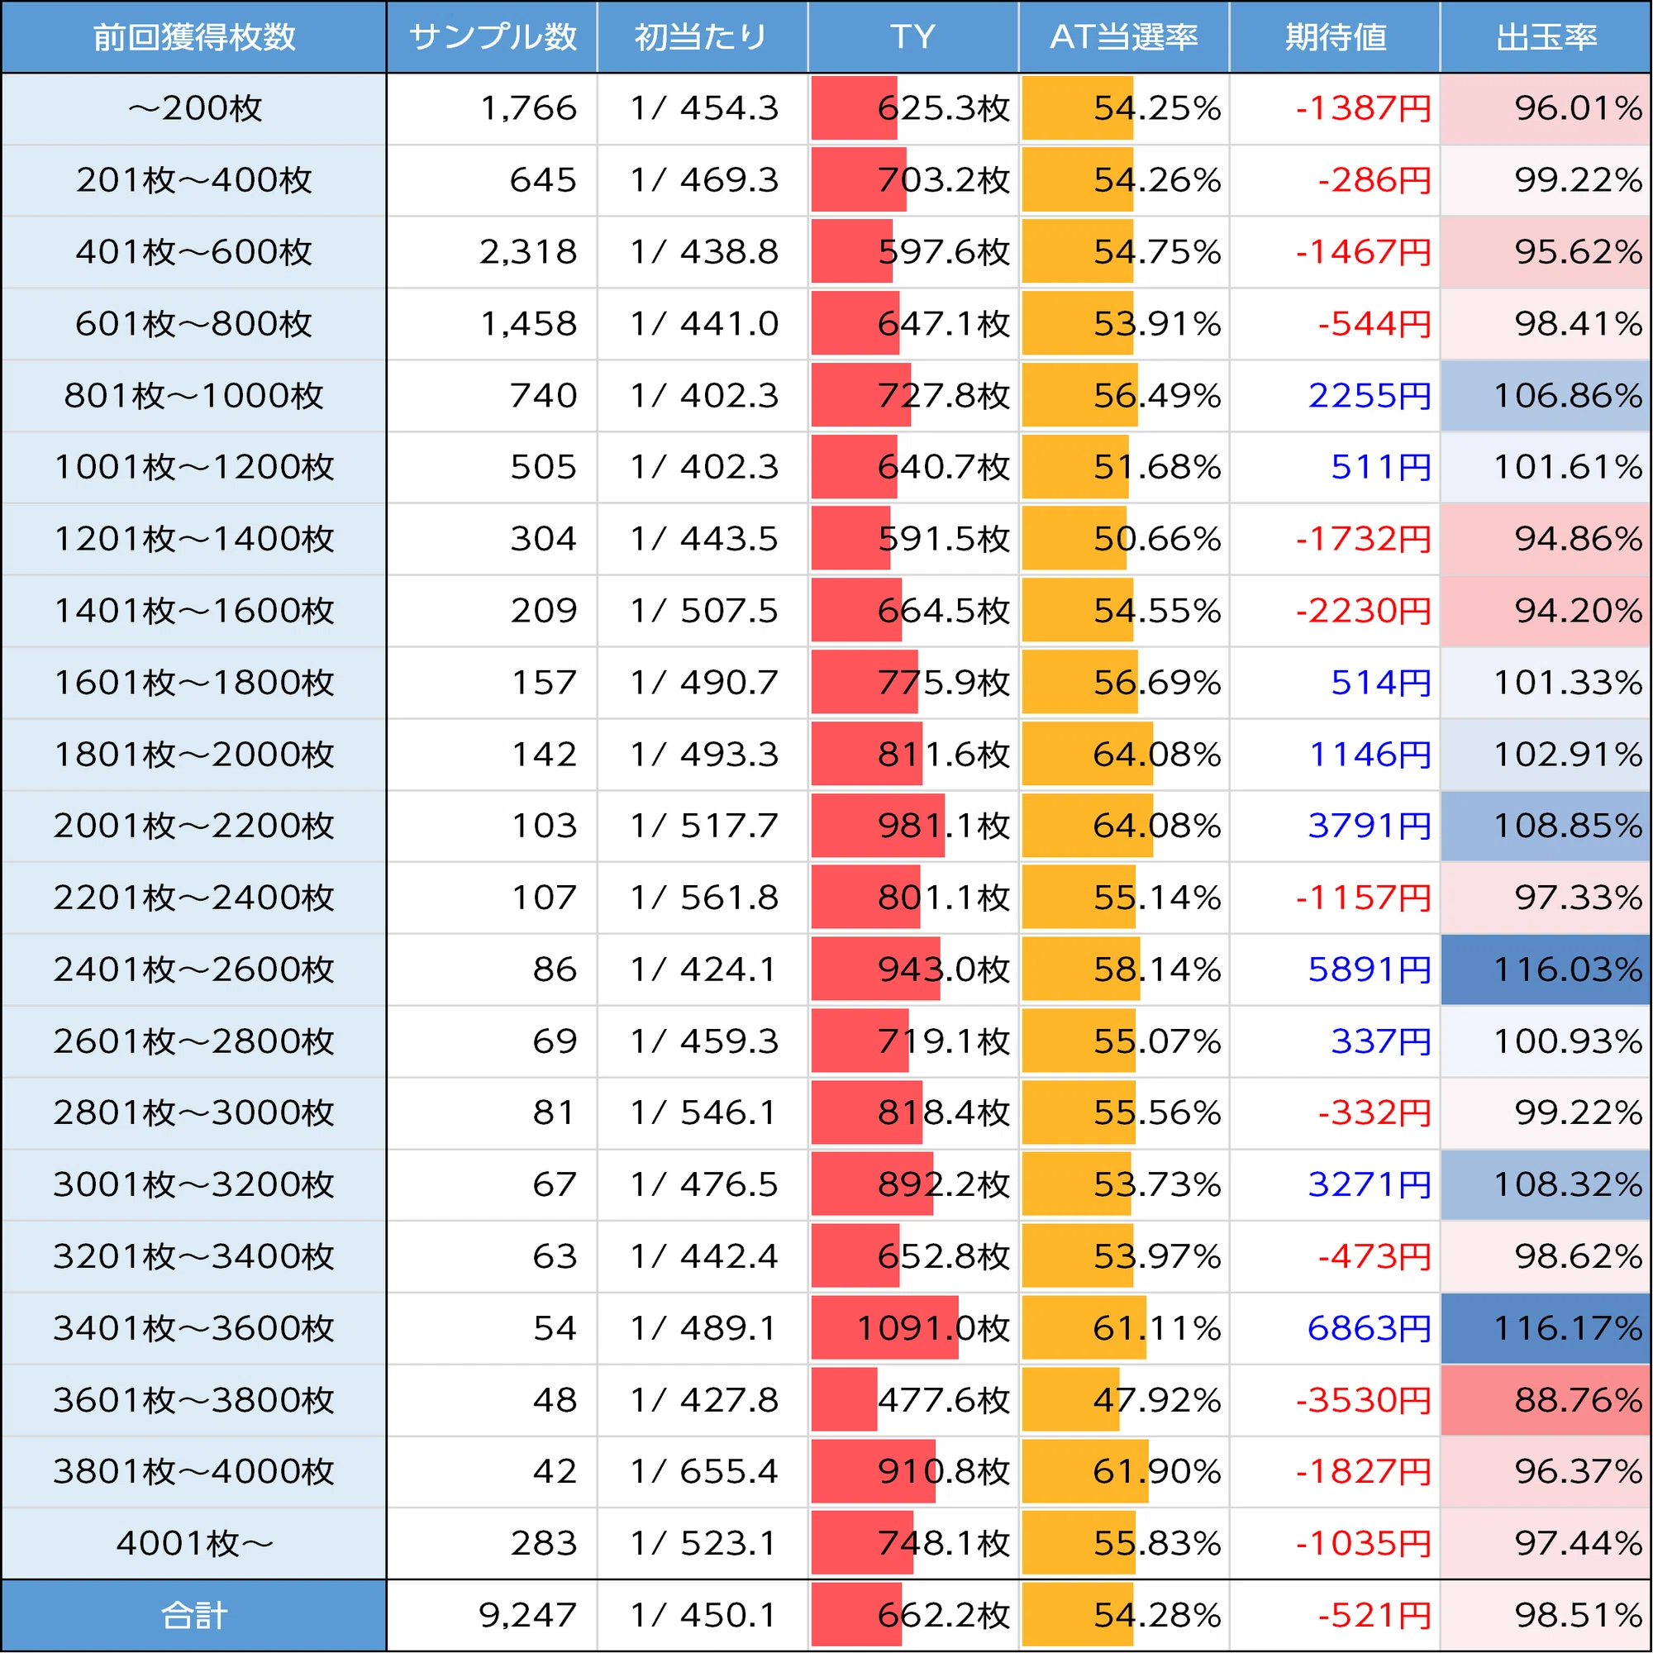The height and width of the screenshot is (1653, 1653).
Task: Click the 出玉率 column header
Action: [1546, 37]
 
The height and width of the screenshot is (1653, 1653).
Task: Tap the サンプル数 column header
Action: [492, 37]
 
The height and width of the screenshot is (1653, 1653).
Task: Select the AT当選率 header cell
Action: [1123, 37]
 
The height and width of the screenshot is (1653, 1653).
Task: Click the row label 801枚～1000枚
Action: [194, 395]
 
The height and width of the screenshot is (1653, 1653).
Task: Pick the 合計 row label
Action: [194, 1615]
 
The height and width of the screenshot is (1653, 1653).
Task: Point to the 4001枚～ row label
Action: [194, 1543]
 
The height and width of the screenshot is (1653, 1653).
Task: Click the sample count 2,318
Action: [528, 251]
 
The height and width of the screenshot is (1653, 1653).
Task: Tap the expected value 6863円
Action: [1369, 1328]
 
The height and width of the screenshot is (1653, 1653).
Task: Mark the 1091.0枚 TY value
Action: [933, 1328]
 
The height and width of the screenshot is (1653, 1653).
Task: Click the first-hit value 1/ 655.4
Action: [704, 1472]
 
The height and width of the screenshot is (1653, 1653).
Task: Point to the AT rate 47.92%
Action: [1157, 1400]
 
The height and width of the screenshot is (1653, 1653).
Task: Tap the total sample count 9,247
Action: [528, 1615]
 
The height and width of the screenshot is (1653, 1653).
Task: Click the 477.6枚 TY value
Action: [945, 1400]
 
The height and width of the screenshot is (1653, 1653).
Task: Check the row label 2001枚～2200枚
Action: [194, 826]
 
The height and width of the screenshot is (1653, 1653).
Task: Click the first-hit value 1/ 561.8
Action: [704, 898]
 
